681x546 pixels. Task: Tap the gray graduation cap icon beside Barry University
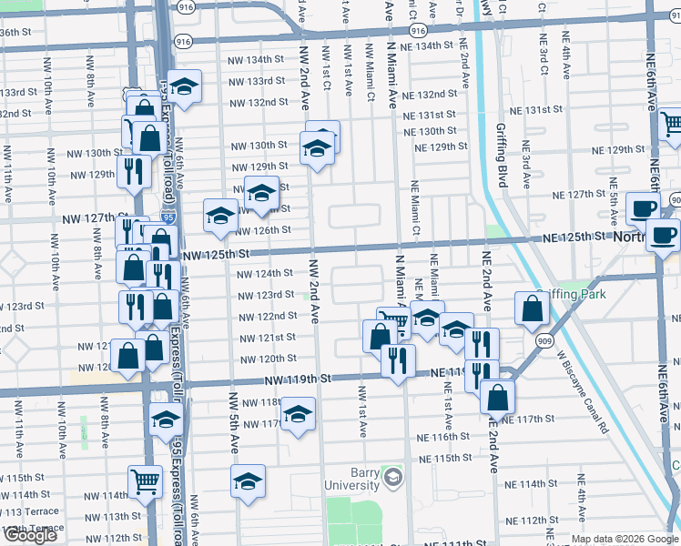tap(392, 477)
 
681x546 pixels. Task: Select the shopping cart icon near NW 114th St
tap(146, 480)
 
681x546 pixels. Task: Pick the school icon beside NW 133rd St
tap(185, 86)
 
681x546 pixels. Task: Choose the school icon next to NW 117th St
tap(298, 413)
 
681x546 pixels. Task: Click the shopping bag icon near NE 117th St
tap(497, 396)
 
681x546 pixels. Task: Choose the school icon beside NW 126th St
tap(220, 216)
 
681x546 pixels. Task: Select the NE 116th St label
tap(445, 437)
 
